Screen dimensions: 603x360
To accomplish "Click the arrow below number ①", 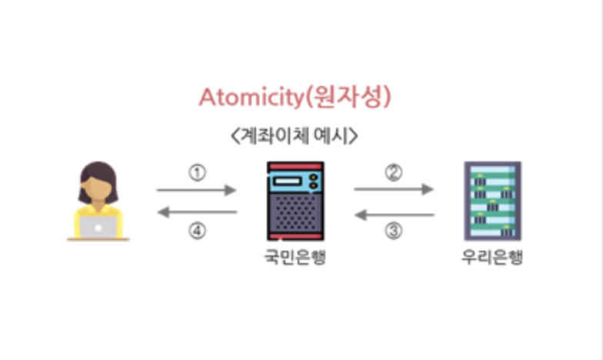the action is click(x=196, y=188).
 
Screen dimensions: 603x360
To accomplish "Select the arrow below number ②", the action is click(x=394, y=188).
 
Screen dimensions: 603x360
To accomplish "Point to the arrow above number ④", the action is click(x=196, y=214).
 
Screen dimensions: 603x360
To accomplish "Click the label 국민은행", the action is click(x=295, y=258).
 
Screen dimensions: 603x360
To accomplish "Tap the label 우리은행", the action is click(x=492, y=258).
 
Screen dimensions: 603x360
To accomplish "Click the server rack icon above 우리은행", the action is click(x=492, y=201).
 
